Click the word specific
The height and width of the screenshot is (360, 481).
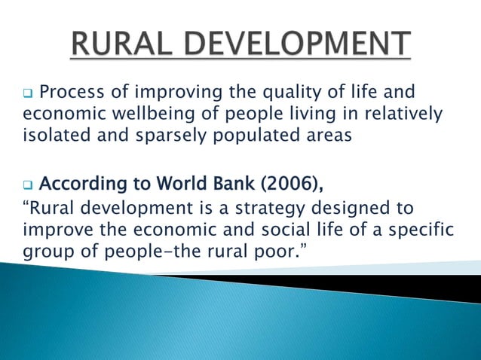pos(418,229)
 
